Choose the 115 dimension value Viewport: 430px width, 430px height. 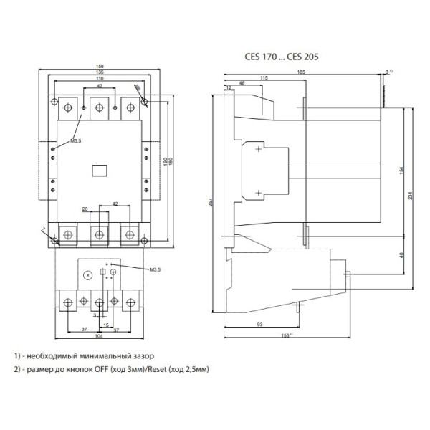[x=264, y=78]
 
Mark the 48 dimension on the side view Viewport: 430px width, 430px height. [x=242, y=84]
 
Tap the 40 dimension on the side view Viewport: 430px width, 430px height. [x=403, y=254]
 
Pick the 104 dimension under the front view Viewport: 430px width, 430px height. [x=100, y=336]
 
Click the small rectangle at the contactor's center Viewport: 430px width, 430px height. [x=100, y=170]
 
